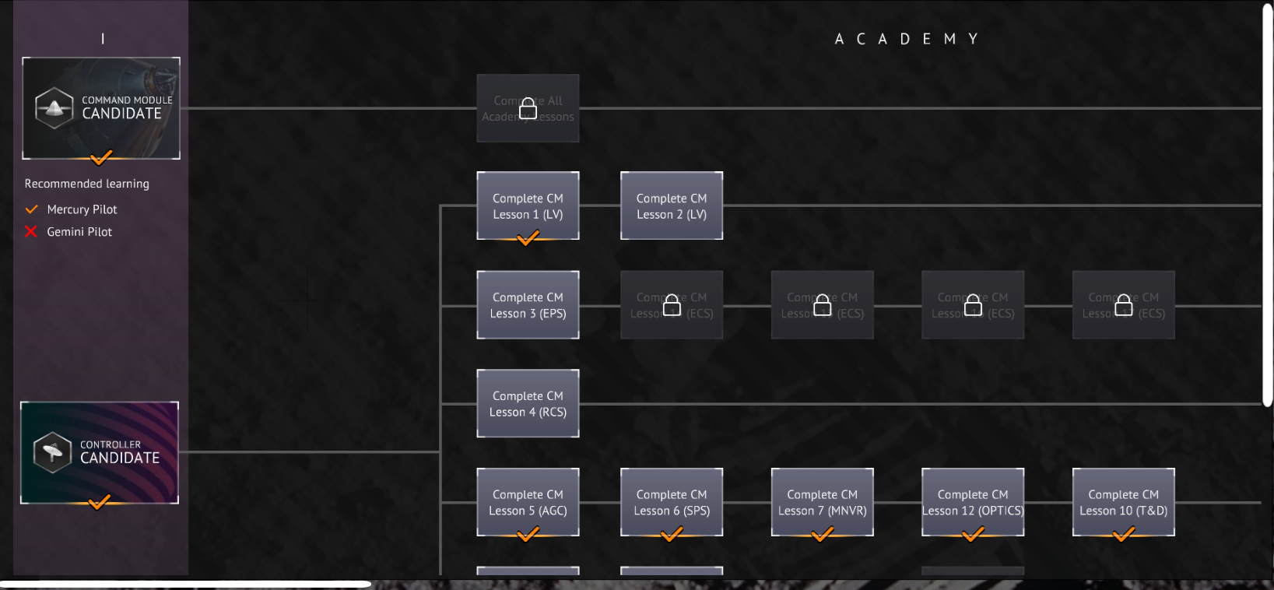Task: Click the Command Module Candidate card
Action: (101, 107)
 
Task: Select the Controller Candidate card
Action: (100, 452)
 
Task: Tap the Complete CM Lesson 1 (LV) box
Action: (528, 205)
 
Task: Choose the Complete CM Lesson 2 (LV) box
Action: (672, 205)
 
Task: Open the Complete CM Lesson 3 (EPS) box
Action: (528, 304)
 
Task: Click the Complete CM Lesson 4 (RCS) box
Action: (528, 403)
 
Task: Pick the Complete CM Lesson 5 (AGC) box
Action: (528, 502)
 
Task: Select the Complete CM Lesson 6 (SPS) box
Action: (672, 502)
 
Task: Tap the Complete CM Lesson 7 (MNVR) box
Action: (822, 502)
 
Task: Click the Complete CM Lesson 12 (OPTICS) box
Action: (973, 502)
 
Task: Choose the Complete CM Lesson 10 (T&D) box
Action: (1123, 502)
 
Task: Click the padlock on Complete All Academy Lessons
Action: (528, 108)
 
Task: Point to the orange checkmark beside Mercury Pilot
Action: (32, 209)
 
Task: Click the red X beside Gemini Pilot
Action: (31, 231)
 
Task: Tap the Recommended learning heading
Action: (86, 184)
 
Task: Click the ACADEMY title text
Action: (906, 39)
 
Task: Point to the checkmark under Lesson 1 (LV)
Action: (528, 238)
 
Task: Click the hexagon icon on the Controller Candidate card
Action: (53, 452)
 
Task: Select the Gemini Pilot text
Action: (79, 232)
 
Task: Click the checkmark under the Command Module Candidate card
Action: (101, 158)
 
